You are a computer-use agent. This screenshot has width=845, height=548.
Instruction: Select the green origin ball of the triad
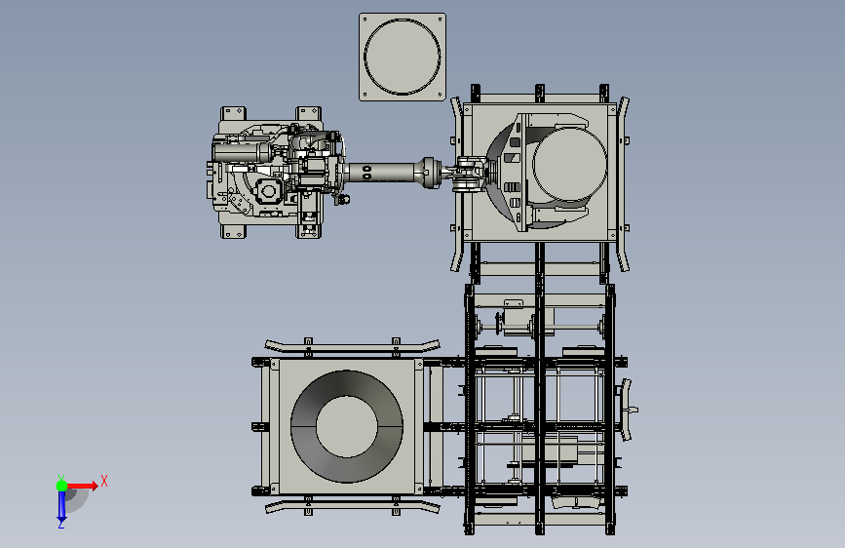click(x=61, y=486)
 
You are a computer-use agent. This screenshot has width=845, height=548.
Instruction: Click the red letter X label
click(x=104, y=481)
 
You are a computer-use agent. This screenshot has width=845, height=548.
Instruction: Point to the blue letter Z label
click(x=61, y=524)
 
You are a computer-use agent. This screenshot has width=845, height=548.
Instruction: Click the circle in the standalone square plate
click(x=402, y=20)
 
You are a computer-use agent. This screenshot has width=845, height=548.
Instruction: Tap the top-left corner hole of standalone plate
click(x=365, y=20)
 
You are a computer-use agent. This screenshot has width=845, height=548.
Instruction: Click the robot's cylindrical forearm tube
click(x=381, y=173)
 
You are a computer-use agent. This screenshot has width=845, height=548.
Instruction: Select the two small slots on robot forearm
click(x=367, y=173)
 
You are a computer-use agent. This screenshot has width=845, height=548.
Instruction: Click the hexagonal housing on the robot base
click(x=268, y=191)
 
